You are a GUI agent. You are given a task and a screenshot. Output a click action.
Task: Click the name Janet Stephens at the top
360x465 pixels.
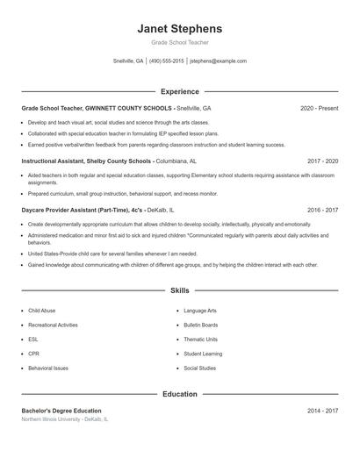point(179,28)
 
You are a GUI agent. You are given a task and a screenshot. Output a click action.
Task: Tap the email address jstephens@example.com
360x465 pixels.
point(218,61)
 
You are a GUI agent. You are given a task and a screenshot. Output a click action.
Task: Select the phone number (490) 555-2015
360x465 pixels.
point(167,61)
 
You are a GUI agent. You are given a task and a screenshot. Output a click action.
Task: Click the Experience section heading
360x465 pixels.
point(179,91)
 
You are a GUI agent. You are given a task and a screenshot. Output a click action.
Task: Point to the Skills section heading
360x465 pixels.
point(179,290)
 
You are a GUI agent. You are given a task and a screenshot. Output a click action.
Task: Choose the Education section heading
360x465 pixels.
point(179,394)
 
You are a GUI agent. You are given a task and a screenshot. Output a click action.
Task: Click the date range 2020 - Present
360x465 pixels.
point(319,108)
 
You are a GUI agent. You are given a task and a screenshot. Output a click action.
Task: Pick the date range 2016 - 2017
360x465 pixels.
point(322,211)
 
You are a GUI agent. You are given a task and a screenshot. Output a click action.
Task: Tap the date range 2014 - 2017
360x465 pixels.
point(322,411)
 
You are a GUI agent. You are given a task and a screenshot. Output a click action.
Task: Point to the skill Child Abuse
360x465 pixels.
point(41,311)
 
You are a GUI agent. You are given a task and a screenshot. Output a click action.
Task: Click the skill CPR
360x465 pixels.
point(33,354)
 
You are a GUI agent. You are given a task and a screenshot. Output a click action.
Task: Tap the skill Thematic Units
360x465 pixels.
point(200,339)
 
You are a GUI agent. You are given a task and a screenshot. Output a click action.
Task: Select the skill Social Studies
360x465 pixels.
point(199,368)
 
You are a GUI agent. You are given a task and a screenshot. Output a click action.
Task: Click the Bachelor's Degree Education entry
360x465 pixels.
point(61,411)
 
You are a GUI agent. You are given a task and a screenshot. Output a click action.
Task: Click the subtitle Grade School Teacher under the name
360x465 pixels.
point(179,42)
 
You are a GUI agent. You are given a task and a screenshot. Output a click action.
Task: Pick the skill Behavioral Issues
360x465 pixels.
point(47,368)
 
